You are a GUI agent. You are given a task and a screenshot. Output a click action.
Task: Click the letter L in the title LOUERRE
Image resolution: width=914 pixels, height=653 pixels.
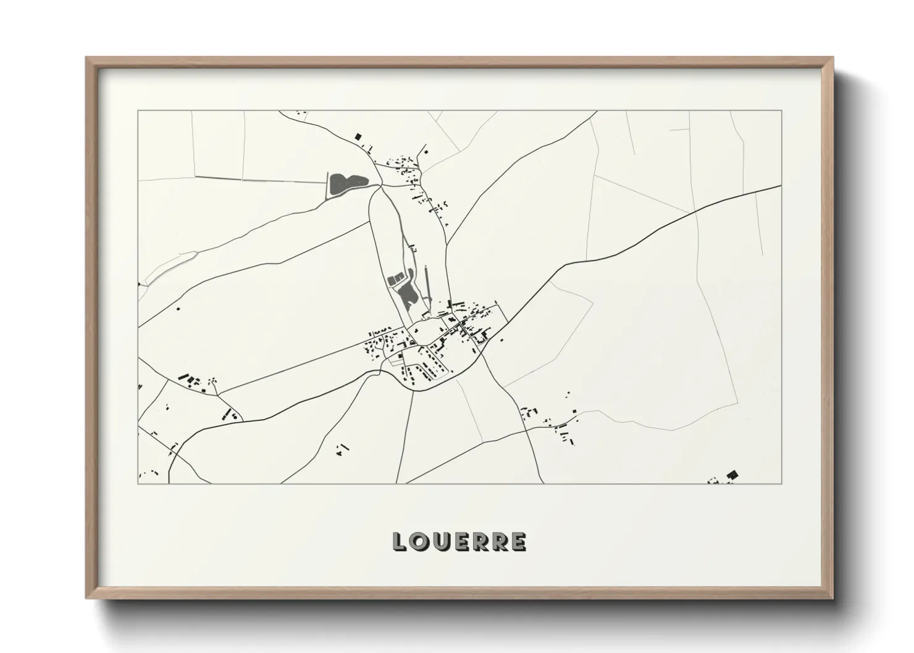click(x=400, y=541)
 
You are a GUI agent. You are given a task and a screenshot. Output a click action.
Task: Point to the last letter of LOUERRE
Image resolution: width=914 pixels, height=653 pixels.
click(x=519, y=541)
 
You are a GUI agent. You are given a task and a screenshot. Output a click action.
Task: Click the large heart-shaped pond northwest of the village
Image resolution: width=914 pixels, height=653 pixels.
click(x=343, y=184)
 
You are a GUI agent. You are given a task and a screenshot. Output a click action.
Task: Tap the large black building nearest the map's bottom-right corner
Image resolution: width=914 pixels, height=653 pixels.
click(x=732, y=474)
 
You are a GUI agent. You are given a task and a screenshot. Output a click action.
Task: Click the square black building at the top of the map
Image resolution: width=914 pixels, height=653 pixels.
click(x=357, y=136)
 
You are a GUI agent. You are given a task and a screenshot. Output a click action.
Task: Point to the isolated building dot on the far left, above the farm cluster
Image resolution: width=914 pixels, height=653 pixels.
click(x=178, y=307)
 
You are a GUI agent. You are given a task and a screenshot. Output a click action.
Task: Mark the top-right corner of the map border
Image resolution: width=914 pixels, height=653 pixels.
click(x=782, y=111)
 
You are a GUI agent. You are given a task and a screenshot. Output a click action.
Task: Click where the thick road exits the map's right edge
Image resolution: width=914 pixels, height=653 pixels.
click(x=781, y=186)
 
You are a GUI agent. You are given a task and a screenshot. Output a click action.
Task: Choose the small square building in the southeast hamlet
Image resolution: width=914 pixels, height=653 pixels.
click(x=574, y=411)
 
